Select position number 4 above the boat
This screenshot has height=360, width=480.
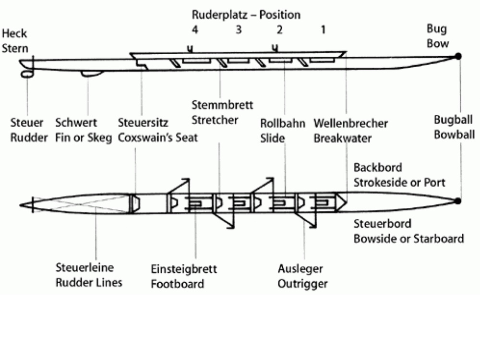point(195,30)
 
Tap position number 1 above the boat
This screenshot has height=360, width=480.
point(323,30)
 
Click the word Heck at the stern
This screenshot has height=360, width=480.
point(15,34)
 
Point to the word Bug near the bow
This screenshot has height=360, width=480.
point(437,29)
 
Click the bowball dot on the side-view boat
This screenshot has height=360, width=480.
point(458,56)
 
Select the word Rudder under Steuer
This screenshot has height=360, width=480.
point(29,138)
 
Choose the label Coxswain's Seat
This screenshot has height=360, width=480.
point(158,138)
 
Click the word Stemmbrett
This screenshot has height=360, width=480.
point(222,105)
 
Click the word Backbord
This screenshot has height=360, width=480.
point(378,168)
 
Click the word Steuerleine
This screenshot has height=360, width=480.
point(85,267)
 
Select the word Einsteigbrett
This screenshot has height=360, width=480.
point(184,269)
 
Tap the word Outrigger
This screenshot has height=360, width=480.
point(302,284)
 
